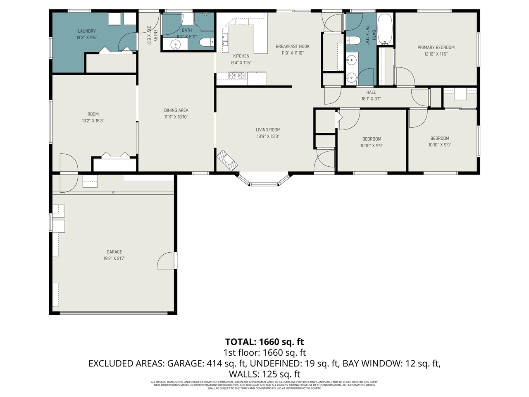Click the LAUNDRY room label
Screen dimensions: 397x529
point(86,31)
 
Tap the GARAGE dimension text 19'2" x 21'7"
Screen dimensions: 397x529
point(114,258)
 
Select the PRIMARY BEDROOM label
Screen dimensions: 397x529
point(436,48)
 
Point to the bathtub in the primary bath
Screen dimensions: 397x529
point(385,29)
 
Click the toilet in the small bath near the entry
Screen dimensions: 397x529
point(206,42)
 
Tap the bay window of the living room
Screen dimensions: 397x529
point(263,181)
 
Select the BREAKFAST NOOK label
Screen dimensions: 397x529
point(292,46)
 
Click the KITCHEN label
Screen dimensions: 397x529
point(241,56)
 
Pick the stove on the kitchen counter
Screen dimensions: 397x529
point(237,75)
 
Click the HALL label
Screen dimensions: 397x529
point(371,92)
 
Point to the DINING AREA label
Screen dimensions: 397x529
point(176,110)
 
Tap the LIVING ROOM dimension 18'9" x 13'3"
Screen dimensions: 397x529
point(268,136)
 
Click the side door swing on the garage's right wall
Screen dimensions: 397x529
point(167,261)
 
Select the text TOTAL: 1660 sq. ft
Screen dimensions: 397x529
point(264,342)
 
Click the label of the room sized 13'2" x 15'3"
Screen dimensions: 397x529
point(93,114)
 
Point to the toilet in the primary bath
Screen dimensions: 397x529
point(353,41)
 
